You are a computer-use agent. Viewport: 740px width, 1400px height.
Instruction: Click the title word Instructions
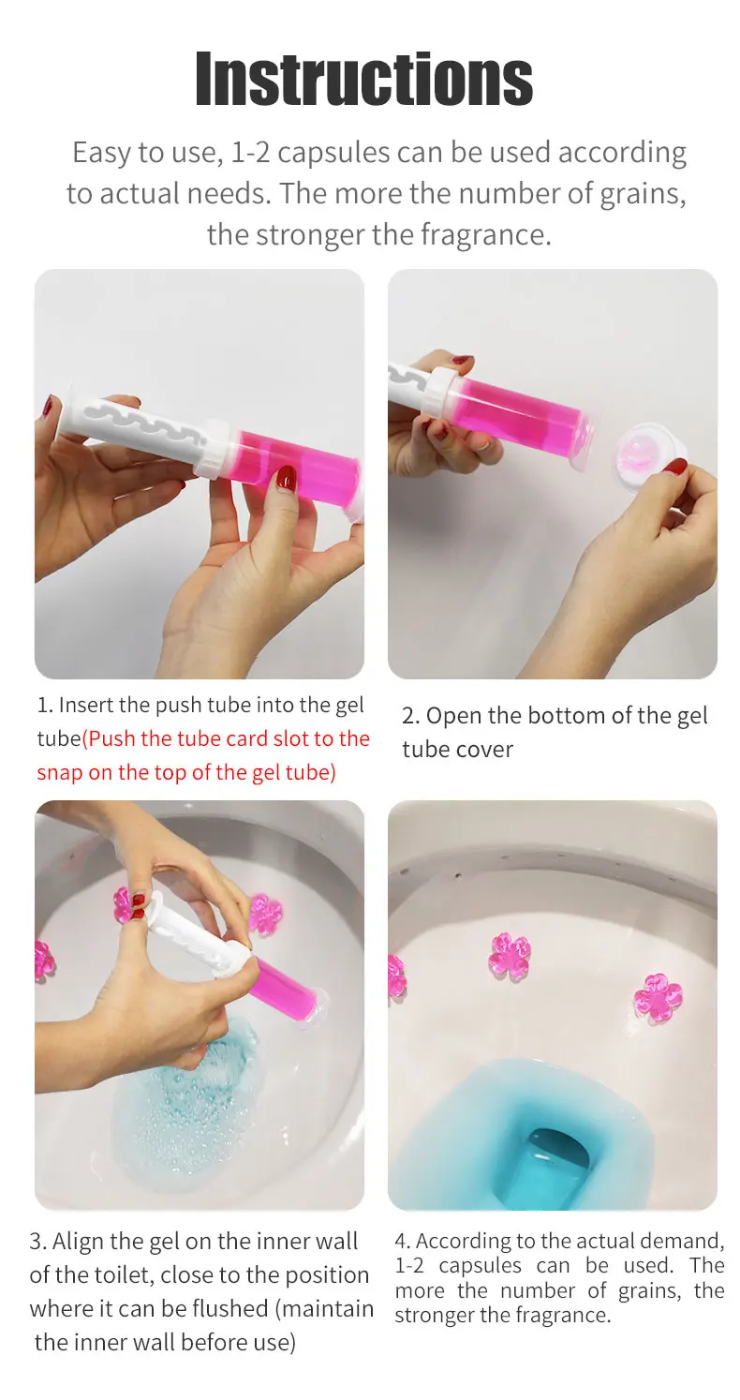point(363,79)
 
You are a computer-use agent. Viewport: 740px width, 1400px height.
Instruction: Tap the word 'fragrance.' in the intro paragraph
point(485,234)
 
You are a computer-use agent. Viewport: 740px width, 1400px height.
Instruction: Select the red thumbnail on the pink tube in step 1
point(286,478)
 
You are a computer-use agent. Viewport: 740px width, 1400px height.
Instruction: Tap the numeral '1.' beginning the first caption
point(45,705)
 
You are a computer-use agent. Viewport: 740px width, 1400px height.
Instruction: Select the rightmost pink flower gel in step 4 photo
point(658,997)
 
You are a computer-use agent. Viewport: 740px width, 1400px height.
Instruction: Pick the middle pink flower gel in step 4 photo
point(509,957)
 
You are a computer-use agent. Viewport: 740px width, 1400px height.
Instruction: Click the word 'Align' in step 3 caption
point(78,1242)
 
